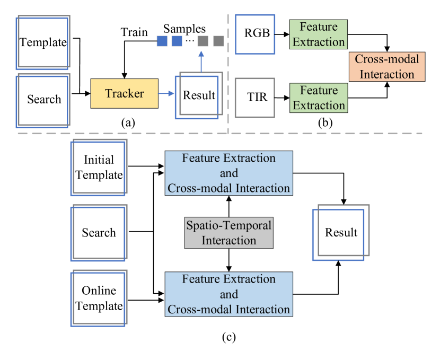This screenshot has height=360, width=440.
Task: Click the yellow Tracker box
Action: pyautogui.click(x=124, y=93)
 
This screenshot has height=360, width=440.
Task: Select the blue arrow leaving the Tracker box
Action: pyautogui.click(x=166, y=93)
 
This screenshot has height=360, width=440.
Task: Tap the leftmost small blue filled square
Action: pyautogui.click(x=162, y=41)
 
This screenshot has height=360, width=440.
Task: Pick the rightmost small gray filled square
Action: pyautogui.click(x=218, y=41)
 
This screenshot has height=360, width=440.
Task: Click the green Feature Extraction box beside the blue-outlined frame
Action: pyautogui.click(x=319, y=34)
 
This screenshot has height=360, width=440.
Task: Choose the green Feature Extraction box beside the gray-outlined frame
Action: pyautogui.click(x=319, y=98)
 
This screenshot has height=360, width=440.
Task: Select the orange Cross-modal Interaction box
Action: pyautogui.click(x=387, y=67)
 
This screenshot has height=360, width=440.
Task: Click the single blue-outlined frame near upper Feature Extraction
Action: pyautogui.click(x=255, y=34)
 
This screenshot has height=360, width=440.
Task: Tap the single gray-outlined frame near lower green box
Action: pyautogui.click(x=255, y=98)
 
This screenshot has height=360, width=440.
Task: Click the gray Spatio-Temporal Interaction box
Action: pyautogui.click(x=228, y=233)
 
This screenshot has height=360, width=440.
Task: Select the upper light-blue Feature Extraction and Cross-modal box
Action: pyautogui.click(x=228, y=173)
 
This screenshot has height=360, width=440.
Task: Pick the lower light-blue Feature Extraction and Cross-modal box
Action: pyautogui.click(x=228, y=294)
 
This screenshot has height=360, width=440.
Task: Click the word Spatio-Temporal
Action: pyautogui.click(x=228, y=225)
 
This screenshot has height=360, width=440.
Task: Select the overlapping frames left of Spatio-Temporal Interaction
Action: pyautogui.click(x=99, y=233)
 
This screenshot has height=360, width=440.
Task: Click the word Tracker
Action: pyautogui.click(x=124, y=93)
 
